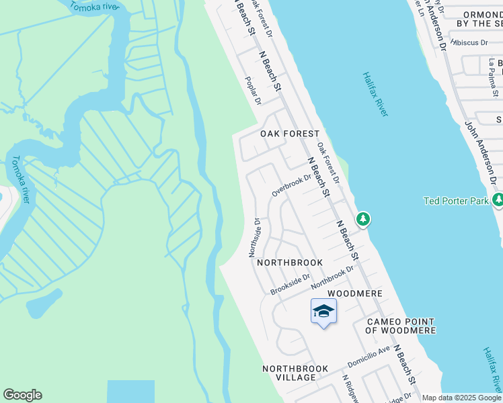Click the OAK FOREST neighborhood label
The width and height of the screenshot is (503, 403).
click(290, 134)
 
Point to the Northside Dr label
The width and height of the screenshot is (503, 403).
click(255, 237)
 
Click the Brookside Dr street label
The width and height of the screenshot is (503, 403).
click(290, 284)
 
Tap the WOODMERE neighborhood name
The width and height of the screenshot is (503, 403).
click(354, 294)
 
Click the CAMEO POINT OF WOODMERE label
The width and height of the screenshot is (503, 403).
click(400, 326)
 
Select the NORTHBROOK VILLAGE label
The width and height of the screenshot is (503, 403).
click(295, 373)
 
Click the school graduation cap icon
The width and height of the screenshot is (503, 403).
click(323, 311)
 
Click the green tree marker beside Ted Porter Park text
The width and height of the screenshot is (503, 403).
click(498, 199)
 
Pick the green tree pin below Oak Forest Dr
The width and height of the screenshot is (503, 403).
click(363, 218)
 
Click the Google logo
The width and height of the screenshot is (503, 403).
click(22, 395)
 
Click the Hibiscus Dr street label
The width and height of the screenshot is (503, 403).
click(470, 42)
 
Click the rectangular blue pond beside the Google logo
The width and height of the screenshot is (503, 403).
click(130, 391)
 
